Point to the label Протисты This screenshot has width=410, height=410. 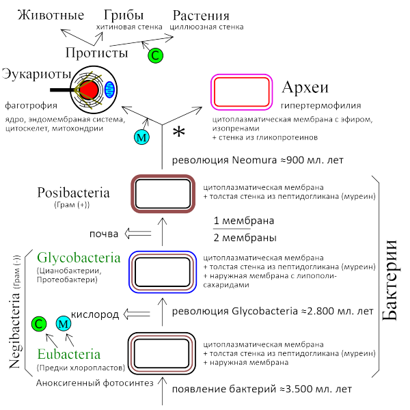pyautogui.click(x=97, y=53)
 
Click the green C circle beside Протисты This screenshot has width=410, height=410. pyautogui.click(x=156, y=55)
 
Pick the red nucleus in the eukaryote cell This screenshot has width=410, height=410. pyautogui.click(x=89, y=88)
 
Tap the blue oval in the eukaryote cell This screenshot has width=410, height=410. pyautogui.click(x=111, y=87)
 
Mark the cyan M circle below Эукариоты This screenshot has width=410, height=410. pyautogui.click(x=141, y=137)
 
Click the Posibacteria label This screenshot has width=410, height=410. pyautogui.click(x=73, y=193)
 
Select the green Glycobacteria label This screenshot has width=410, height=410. pyautogui.click(x=80, y=258)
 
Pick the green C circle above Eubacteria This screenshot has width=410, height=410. pyautogui.click(x=40, y=324)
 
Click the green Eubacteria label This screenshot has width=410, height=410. pyautogui.click(x=69, y=355)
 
